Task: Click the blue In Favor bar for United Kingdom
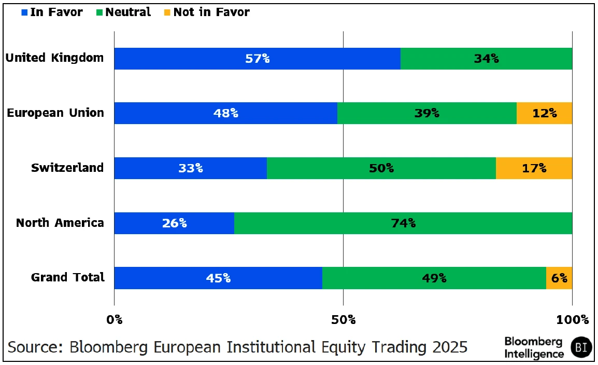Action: tap(257, 59)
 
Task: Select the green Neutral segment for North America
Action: tap(403, 223)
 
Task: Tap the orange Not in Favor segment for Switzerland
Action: tap(534, 168)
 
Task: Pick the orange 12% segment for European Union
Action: tap(544, 113)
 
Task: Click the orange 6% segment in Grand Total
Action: tap(559, 278)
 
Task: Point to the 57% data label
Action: tap(257, 59)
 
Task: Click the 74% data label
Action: tap(403, 223)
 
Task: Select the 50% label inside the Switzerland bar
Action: tap(381, 168)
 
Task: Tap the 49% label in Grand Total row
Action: tap(434, 278)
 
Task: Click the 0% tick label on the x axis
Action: tap(114, 319)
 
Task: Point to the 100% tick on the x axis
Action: tap(572, 319)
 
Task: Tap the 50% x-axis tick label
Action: tap(343, 319)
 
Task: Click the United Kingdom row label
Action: tap(54, 58)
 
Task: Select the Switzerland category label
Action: tap(67, 168)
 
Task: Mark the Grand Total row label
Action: tap(68, 277)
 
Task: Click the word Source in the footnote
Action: tap(33, 346)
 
